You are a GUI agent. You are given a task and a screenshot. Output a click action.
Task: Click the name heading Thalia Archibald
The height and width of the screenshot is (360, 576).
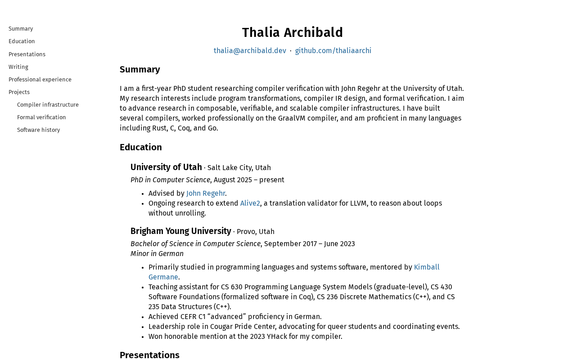pos(292,32)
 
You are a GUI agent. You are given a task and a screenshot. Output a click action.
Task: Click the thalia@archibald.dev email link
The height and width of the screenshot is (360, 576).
pos(250,51)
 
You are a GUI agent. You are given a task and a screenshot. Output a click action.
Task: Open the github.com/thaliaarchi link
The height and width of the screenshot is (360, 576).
pos(333,51)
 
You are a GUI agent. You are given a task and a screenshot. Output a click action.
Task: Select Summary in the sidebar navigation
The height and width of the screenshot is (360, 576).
pos(21,29)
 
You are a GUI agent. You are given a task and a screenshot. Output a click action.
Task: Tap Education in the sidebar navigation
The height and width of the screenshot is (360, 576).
pos(22,41)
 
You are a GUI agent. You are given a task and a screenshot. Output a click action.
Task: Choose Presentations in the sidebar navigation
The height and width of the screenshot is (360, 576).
pos(27,54)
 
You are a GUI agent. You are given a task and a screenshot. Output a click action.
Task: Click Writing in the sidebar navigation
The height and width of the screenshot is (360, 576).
pos(18,67)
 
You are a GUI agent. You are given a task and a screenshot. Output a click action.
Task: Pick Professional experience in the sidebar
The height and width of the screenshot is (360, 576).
pos(40,80)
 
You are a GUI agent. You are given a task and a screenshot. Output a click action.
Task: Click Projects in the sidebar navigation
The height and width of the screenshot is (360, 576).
pos(19,92)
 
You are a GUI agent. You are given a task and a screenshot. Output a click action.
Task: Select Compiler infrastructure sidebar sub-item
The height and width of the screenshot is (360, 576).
pos(48,105)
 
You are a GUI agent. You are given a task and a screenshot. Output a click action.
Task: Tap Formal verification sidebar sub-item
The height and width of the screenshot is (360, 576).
pos(41,117)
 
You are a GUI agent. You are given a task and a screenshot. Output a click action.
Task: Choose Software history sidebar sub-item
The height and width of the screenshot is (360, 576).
pos(38,130)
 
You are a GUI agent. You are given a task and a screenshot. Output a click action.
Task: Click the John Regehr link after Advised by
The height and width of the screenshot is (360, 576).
pos(206,193)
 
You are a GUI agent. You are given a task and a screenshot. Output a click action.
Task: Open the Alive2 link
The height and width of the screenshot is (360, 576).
pos(250,203)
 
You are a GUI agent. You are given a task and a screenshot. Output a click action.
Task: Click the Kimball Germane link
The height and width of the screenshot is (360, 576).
pos(426,267)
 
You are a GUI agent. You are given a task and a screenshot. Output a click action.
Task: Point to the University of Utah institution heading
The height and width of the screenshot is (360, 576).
pos(166,167)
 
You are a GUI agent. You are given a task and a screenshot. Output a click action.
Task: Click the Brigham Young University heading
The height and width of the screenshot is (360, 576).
pos(180,231)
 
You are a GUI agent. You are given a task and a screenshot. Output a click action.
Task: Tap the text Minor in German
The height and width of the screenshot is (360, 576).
pos(157,254)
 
